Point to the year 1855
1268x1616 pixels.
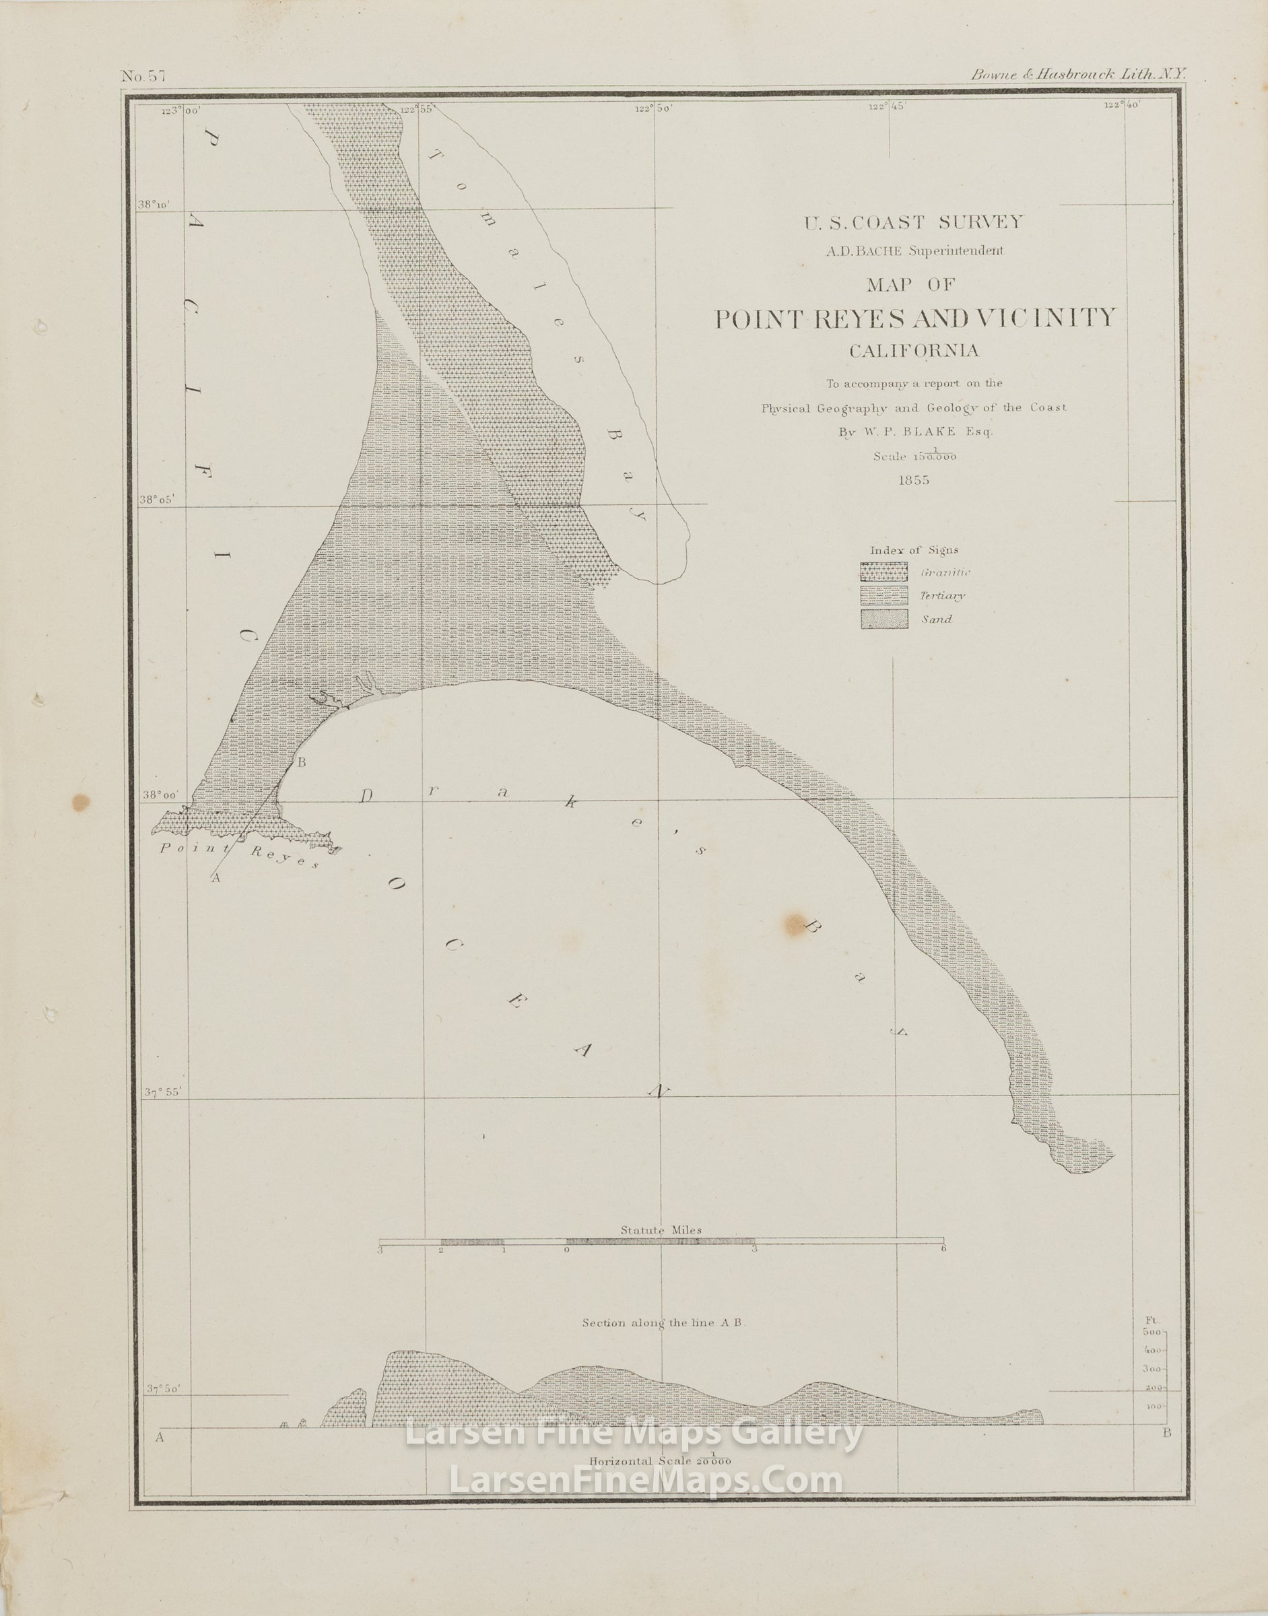coord(913,479)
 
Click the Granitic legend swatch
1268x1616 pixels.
coord(884,572)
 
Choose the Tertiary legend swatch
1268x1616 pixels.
coord(884,595)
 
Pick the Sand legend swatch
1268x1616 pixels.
coord(884,619)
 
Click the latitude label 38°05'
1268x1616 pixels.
coord(157,499)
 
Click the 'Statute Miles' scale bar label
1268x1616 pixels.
coord(661,1230)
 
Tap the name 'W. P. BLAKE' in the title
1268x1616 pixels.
coord(933,430)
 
